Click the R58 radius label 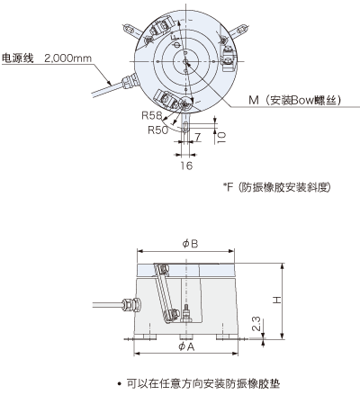(151, 115)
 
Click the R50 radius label (158, 130)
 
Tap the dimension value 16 (186, 166)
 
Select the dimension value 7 (197, 138)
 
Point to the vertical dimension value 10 (221, 137)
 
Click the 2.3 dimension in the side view (256, 324)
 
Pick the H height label (277, 300)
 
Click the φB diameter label (190, 244)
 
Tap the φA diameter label (186, 346)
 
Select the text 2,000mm (68, 58)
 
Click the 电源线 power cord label (18, 58)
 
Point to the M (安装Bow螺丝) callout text (295, 100)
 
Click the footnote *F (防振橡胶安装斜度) (276, 187)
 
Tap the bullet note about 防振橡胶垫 (199, 383)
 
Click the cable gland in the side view (131, 305)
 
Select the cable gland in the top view (130, 81)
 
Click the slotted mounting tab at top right (238, 31)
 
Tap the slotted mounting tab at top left (132, 31)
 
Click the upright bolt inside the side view (186, 314)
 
